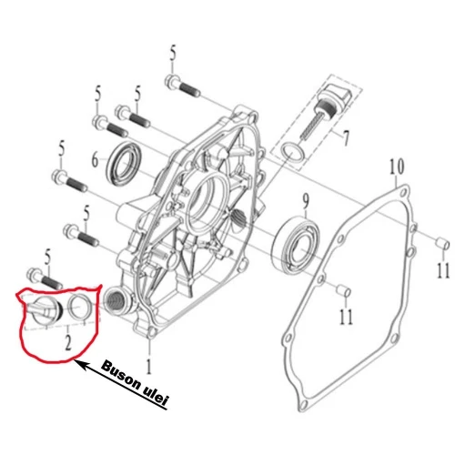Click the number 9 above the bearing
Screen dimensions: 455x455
pos(307,198)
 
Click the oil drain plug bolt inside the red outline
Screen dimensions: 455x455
pos(45,308)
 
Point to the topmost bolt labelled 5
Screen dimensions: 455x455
pos(180,87)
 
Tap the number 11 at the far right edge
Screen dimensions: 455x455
pos(441,270)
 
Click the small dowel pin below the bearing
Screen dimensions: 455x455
pos(345,290)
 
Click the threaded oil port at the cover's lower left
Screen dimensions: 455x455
pos(115,297)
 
